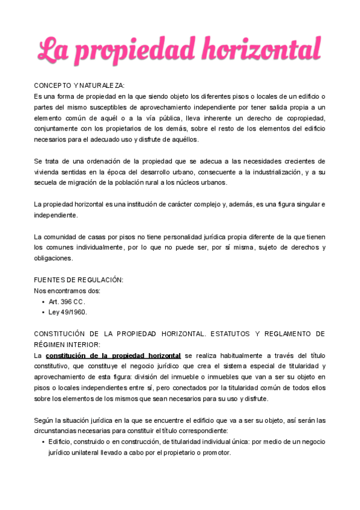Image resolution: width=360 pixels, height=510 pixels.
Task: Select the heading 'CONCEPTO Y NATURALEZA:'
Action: (79, 86)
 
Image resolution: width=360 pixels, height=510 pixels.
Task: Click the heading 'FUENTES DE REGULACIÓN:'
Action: (79, 280)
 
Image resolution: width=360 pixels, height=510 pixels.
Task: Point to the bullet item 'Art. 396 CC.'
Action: (67, 301)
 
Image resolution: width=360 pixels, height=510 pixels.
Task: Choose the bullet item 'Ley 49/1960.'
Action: (68, 312)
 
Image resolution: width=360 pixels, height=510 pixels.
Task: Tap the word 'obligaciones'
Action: (53, 259)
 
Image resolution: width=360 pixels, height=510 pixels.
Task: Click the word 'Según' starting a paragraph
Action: (44, 420)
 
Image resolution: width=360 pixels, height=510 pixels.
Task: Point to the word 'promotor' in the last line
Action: (214, 452)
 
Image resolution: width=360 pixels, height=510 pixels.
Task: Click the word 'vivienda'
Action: (48, 172)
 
